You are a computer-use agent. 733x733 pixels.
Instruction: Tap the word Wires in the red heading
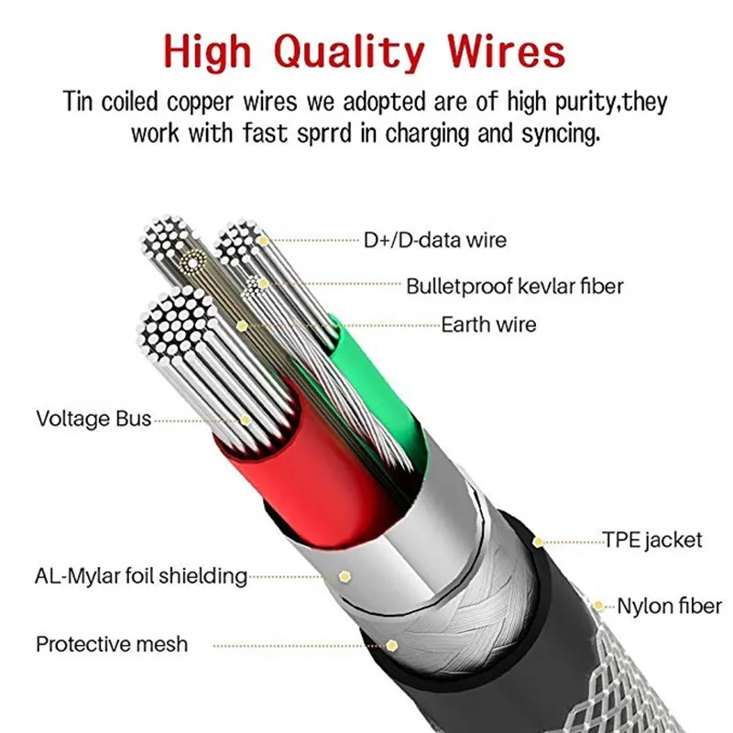(x=506, y=51)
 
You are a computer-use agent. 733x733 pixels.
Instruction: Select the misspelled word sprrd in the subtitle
(x=324, y=134)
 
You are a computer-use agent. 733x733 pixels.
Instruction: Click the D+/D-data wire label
(x=434, y=240)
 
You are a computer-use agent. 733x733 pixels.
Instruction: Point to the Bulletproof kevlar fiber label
(x=515, y=286)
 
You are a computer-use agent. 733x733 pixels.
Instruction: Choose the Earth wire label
(x=488, y=324)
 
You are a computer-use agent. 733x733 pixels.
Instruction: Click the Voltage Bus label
(x=93, y=419)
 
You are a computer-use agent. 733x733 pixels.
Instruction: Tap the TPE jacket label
(x=651, y=541)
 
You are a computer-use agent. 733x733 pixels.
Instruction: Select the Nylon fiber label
(x=669, y=607)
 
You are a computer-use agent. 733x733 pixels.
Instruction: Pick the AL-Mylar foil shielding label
(x=141, y=576)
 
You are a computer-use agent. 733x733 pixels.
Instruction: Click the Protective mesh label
(x=112, y=644)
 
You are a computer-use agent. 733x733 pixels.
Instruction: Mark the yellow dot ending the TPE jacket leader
(x=538, y=542)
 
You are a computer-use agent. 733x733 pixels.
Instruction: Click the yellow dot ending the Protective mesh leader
(x=391, y=646)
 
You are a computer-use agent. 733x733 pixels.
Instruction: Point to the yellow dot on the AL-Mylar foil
(x=345, y=576)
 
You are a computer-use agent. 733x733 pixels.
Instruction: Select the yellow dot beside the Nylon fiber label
(x=598, y=606)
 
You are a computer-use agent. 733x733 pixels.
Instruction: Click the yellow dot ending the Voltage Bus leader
(x=246, y=421)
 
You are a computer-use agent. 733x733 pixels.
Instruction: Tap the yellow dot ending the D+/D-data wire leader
(x=263, y=241)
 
